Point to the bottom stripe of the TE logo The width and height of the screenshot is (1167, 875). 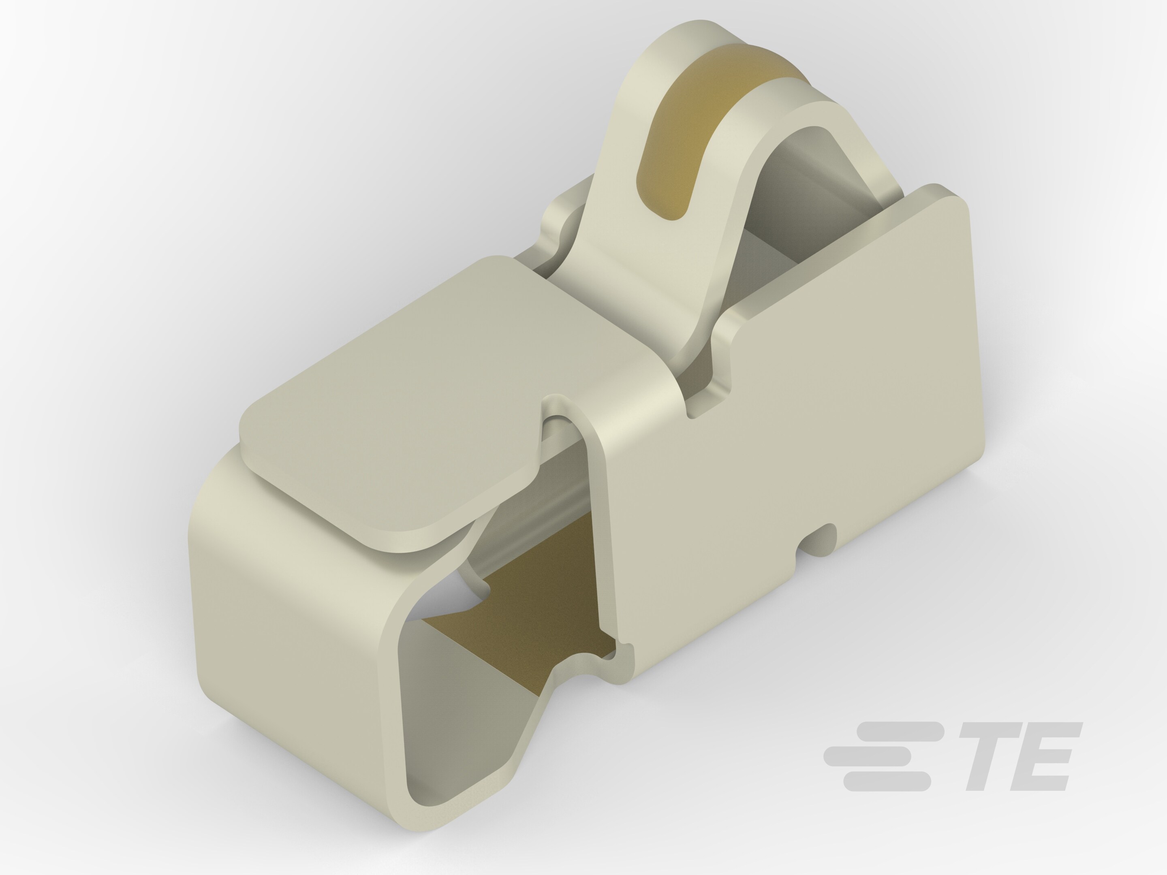[886, 781]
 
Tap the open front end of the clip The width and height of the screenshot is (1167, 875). [449, 738]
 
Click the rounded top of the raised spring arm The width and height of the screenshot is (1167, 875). [702, 37]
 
